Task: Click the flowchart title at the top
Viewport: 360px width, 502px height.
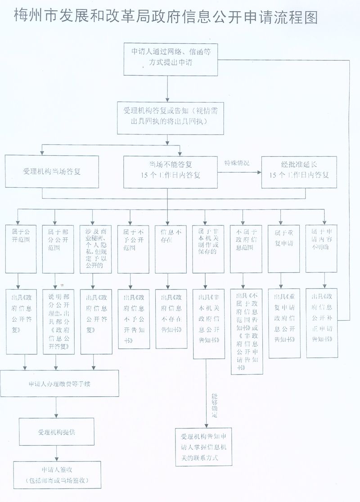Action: point(166,17)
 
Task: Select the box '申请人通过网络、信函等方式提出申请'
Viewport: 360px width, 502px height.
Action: point(167,59)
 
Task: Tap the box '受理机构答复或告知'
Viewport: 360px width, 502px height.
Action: point(170,117)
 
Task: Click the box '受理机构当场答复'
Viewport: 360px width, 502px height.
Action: point(52,172)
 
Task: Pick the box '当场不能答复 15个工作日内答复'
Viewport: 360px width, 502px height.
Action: point(170,172)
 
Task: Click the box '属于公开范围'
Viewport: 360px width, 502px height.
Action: point(21,248)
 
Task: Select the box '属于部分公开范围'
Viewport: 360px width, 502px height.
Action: point(58,248)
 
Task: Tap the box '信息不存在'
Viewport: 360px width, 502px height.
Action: point(171,248)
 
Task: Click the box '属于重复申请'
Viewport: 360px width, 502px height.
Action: point(283,248)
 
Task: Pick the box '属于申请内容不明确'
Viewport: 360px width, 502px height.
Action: point(321,248)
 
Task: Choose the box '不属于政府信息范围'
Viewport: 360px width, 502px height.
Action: point(246,248)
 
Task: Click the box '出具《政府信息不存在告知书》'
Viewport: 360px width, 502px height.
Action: point(171,319)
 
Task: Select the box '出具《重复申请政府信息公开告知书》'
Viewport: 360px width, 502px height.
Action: point(284,323)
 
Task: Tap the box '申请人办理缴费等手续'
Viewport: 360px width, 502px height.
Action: point(59,384)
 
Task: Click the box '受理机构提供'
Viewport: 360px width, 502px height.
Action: point(56,431)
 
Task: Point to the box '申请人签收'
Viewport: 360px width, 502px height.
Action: point(57,475)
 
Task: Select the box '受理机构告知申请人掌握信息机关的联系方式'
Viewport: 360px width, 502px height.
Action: point(203,446)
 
